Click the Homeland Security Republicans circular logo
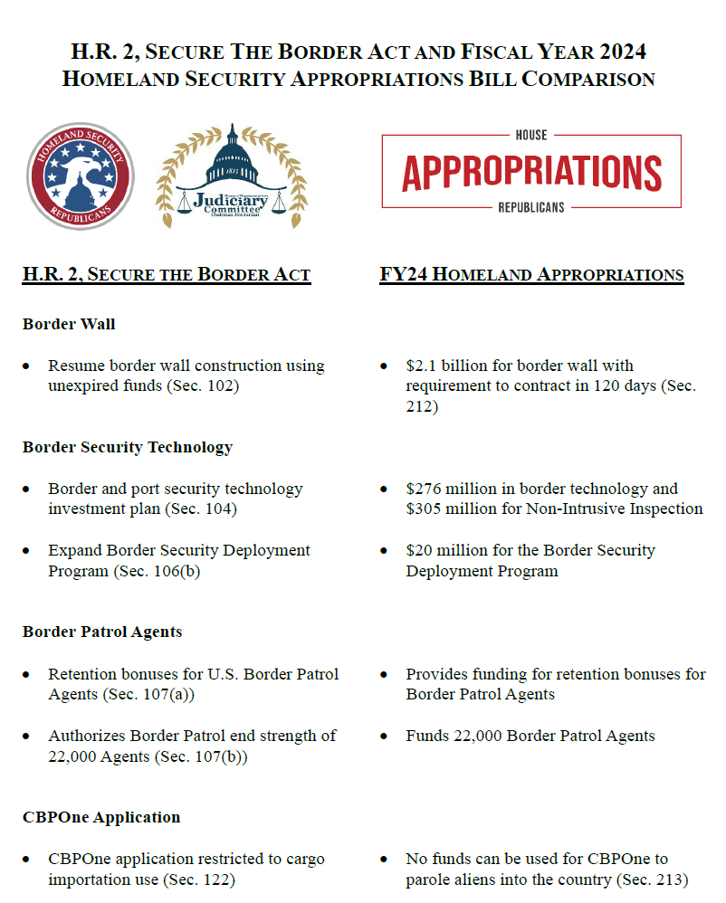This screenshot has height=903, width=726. (81, 176)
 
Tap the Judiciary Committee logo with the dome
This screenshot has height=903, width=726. (232, 176)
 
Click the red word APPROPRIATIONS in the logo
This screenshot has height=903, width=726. (531, 172)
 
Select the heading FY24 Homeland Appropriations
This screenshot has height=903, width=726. (531, 274)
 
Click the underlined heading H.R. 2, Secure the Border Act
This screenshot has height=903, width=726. (167, 274)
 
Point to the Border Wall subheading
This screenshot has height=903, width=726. (69, 324)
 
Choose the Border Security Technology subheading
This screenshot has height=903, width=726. (128, 447)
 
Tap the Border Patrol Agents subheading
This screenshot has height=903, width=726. (102, 632)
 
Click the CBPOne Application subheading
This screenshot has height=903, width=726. (101, 817)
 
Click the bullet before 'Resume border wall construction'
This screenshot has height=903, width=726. (27, 366)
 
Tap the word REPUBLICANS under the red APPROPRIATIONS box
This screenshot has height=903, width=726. (531, 207)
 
